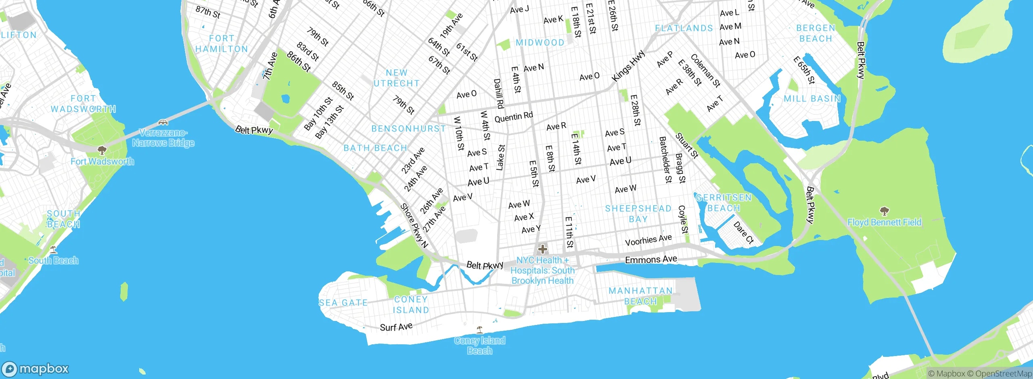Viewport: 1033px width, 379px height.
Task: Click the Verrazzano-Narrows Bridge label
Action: (x=163, y=138)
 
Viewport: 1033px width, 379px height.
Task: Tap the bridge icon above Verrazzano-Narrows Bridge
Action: (x=163, y=122)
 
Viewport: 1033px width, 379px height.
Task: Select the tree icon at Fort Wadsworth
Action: (x=102, y=150)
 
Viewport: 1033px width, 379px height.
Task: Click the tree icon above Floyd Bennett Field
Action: (x=884, y=211)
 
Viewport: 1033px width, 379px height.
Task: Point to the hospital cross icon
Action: (x=542, y=249)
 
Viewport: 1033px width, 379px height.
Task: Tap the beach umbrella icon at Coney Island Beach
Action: (x=479, y=330)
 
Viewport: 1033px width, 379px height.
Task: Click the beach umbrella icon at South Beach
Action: (x=53, y=249)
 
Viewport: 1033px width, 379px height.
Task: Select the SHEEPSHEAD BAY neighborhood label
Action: (x=638, y=214)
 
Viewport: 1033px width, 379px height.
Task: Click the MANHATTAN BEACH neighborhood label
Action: (x=640, y=296)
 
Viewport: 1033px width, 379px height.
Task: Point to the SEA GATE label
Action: (x=343, y=303)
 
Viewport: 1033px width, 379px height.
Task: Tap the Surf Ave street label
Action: (x=396, y=327)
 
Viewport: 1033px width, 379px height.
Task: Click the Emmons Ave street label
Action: (x=651, y=259)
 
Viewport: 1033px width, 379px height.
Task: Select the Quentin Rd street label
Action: (x=513, y=117)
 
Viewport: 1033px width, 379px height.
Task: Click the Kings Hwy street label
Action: (x=628, y=66)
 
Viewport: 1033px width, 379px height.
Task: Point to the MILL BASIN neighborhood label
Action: (x=812, y=99)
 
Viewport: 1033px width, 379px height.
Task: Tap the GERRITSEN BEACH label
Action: (x=724, y=203)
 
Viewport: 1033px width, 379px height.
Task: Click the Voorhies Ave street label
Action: (x=648, y=240)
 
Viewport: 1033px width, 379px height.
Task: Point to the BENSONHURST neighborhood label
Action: (x=408, y=129)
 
